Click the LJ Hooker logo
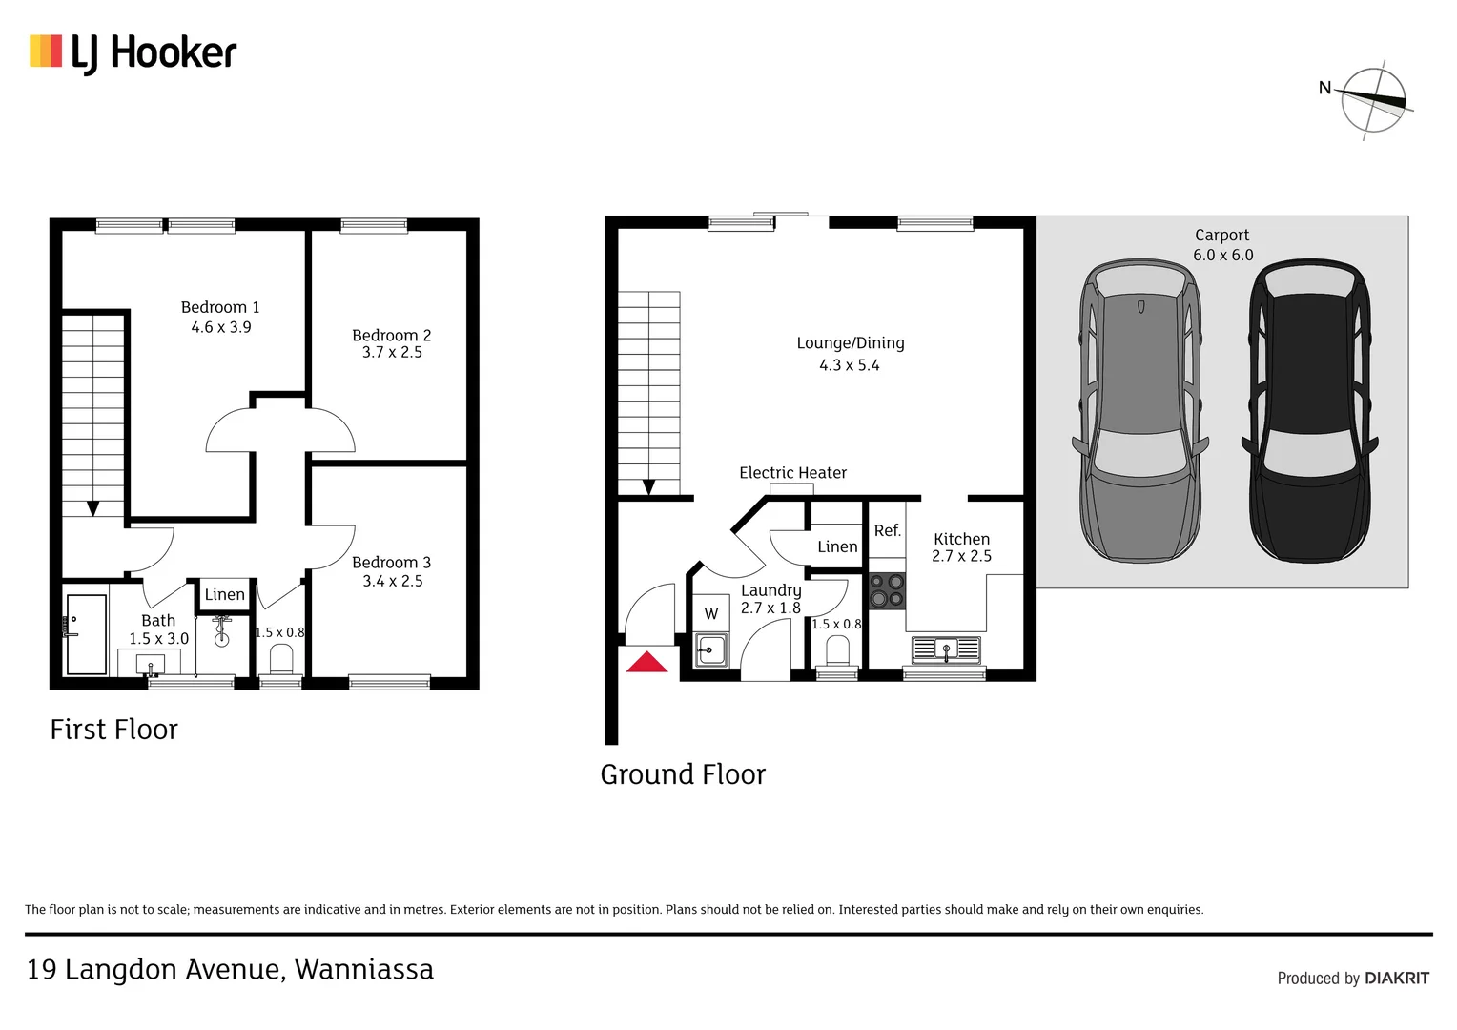[133, 52]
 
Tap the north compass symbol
[1372, 99]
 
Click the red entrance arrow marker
[646, 662]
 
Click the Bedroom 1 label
[220, 307]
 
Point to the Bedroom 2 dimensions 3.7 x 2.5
[392, 353]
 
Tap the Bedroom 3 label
[391, 563]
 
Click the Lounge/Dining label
[851, 343]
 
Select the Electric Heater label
[792, 473]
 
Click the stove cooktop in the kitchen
[887, 590]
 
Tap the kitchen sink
[946, 650]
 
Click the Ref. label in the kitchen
[887, 531]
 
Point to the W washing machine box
[711, 614]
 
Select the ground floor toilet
[837, 652]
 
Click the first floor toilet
[281, 658]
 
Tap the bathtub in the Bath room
[87, 634]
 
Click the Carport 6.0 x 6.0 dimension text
[1222, 256]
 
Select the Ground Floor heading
[683, 774]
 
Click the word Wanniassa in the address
[363, 970]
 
